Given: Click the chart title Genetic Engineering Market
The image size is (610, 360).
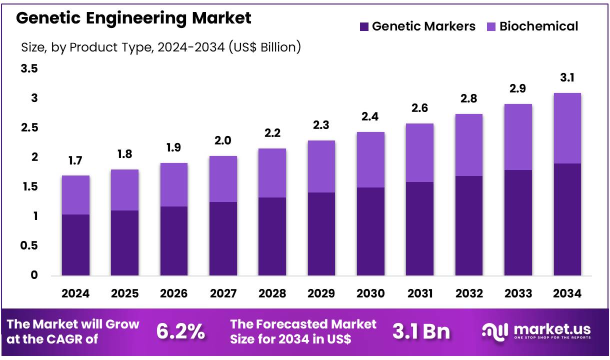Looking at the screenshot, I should point(133,18).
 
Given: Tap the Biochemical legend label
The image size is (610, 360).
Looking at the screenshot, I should point(538,26).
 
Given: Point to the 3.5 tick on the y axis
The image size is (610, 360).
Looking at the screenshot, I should point(29,69).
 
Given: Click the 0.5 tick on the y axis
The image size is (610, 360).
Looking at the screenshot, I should point(29,245).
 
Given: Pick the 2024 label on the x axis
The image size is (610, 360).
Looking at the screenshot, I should point(75,293).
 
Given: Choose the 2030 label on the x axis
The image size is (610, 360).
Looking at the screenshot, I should point(370,293).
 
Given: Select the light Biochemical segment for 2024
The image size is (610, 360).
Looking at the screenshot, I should point(75,195).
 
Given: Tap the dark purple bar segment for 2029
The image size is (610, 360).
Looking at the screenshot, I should point(321,233).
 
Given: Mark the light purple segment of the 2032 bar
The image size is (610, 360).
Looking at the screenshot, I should point(469,145).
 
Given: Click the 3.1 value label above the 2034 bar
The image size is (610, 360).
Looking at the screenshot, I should point(567,78).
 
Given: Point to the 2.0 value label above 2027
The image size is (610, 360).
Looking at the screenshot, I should point(223,141).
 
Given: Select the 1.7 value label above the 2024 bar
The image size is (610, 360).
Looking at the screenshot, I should point(75,160).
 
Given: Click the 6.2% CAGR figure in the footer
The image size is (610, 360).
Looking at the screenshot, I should point(180,331).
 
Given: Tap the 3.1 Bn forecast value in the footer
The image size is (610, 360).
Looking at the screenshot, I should point(421,331).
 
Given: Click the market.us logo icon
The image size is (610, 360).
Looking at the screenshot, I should point(495,331).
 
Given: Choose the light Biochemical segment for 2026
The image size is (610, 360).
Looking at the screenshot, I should point(174,184).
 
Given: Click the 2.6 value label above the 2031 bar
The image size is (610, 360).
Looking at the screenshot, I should point(419,108).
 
